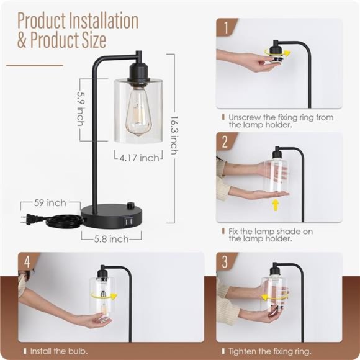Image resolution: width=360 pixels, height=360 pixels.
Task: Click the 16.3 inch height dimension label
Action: click(174, 135)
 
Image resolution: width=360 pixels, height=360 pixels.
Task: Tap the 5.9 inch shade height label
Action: click(81, 109)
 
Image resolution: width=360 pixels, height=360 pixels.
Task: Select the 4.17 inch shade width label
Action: click(140, 158)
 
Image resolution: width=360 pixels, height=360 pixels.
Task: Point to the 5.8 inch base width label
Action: click(111, 239)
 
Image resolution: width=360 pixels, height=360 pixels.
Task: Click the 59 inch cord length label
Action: click(50, 203)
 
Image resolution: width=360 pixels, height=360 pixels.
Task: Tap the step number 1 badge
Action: click(226, 28)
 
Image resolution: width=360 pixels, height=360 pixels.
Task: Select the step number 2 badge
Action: click(225, 142)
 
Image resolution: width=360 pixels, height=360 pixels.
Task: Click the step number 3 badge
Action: click(225, 261)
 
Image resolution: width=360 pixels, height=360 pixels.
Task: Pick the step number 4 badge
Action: click(27, 261)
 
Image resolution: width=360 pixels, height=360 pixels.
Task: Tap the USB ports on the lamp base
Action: click(128, 222)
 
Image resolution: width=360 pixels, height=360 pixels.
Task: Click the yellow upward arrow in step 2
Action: click(276, 205)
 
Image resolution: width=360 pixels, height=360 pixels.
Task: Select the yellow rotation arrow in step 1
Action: click(277, 53)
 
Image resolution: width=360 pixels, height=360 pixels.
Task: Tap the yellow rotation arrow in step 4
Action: click(104, 295)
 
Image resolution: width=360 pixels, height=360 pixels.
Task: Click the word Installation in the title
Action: click(104, 21)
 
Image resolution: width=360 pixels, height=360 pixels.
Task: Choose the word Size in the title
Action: click(91, 40)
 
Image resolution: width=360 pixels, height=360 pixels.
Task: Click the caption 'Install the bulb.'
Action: click(59, 351)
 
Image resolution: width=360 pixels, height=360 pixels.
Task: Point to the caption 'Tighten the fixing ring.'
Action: click(270, 351)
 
